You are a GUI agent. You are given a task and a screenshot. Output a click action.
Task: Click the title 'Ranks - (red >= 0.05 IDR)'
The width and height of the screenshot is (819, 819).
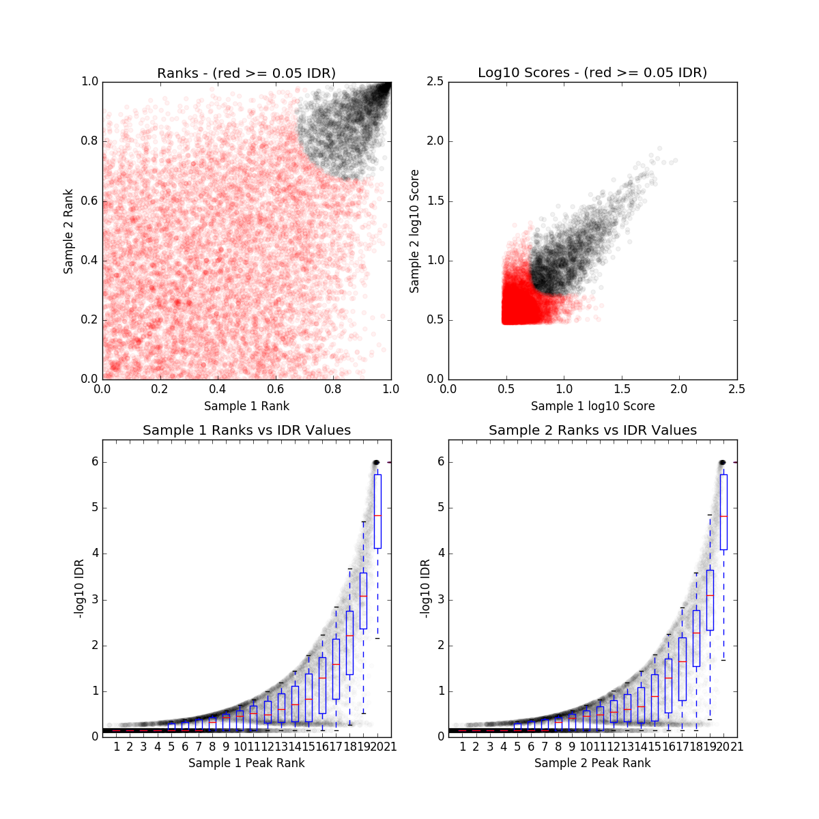coord(246,73)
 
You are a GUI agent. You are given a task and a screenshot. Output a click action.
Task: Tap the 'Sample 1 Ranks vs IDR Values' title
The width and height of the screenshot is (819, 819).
coord(246,430)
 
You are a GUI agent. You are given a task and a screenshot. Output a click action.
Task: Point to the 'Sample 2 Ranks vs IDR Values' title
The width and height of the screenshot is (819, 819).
coord(592,430)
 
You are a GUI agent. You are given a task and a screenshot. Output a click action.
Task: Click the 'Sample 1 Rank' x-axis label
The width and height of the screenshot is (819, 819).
coord(246,406)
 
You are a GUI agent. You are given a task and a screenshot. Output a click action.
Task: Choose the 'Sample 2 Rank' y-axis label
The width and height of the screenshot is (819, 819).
coord(68,231)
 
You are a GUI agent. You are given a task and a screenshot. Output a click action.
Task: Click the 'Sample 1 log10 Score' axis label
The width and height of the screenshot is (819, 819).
coord(592,406)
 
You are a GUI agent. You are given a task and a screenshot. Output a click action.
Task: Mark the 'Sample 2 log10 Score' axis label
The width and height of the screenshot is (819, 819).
coord(414,231)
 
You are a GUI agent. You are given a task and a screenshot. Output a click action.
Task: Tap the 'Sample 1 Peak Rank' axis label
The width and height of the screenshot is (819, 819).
coord(246,762)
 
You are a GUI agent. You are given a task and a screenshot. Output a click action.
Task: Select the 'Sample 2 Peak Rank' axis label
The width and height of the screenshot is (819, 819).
coord(592,762)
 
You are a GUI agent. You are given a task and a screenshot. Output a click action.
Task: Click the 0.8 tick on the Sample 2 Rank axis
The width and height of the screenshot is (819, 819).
coord(89,141)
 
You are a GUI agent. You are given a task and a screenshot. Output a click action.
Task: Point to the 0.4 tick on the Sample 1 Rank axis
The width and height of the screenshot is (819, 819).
coord(218,389)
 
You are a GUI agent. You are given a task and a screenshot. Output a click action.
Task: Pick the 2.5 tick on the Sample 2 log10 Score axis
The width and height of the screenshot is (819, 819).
coord(435,82)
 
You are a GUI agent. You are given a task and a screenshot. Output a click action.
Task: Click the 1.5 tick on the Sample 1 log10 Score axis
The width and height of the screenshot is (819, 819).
coord(621,389)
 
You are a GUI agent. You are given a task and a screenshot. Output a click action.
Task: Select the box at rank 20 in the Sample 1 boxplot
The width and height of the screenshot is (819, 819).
coord(377,511)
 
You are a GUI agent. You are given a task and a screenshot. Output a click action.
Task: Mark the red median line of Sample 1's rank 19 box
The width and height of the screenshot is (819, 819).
coord(364,596)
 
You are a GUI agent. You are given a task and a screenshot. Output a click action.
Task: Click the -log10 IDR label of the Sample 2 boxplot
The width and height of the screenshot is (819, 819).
coord(425,588)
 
